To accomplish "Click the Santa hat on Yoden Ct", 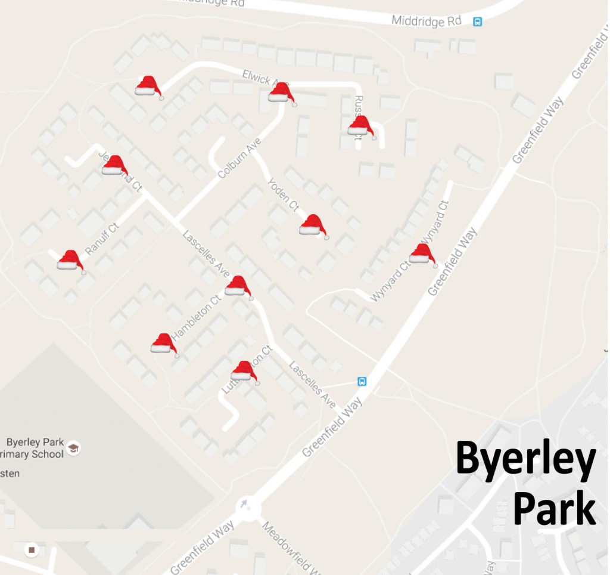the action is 313,225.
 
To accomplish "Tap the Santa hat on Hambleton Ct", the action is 164,344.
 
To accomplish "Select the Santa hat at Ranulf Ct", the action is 71,261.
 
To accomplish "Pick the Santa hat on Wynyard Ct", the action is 423,255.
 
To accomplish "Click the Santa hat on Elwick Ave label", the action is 282,94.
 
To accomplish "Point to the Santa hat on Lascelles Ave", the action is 238,287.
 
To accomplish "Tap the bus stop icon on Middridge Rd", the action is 477,22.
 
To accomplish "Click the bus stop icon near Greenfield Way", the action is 362,381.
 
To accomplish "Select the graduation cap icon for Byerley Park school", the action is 73,447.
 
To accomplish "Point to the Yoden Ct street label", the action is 282,194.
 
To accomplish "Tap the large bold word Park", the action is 554,509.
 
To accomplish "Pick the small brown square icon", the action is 32,549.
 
